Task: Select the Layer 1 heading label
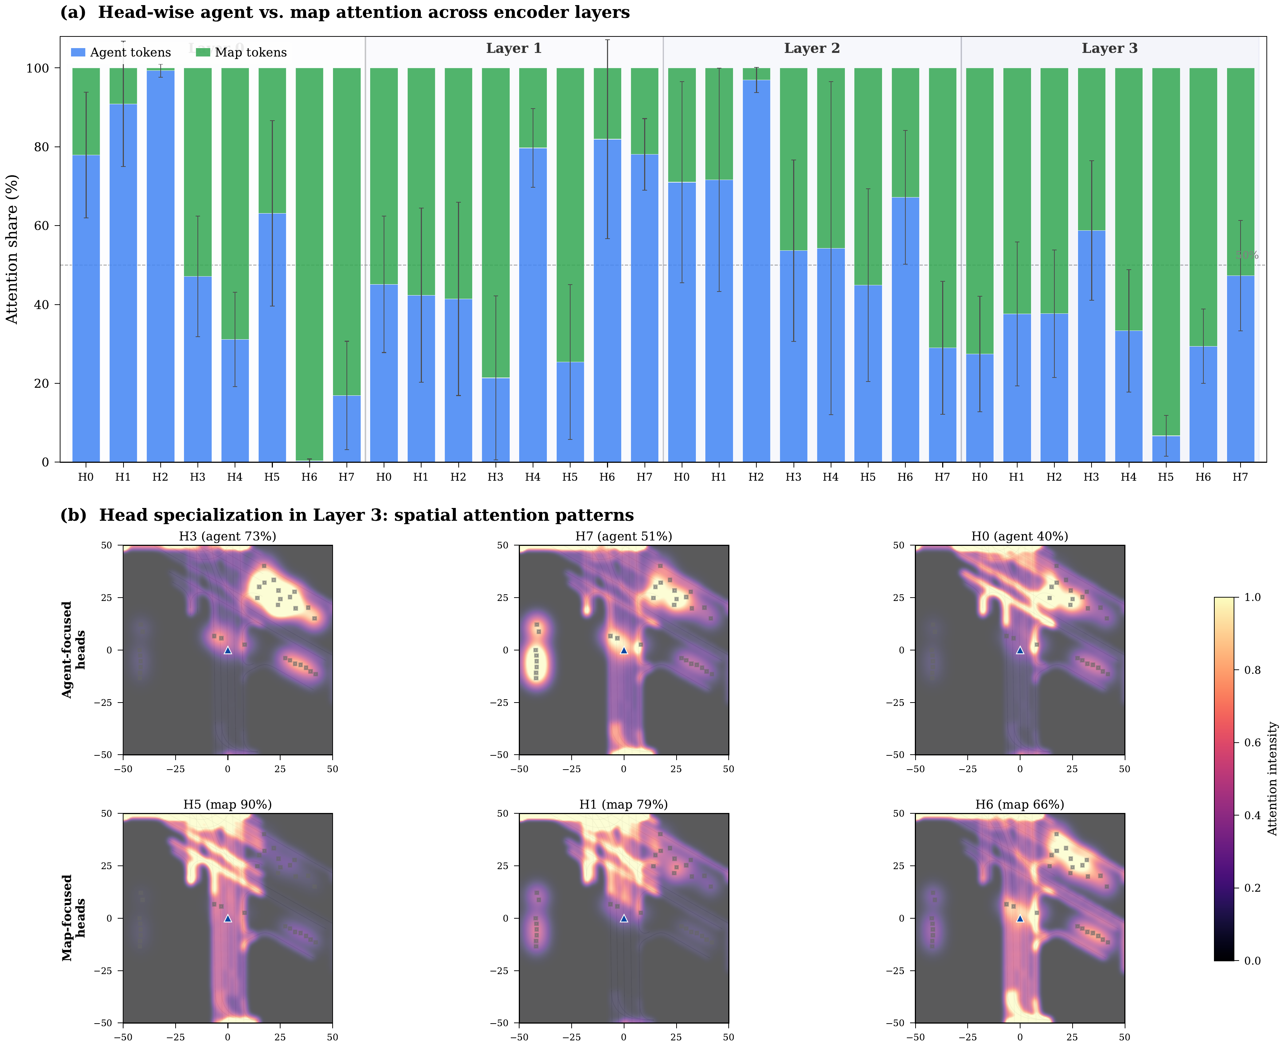click(x=514, y=48)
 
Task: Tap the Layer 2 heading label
click(x=812, y=48)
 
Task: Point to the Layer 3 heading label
click(x=1109, y=48)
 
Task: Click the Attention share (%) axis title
click(x=12, y=249)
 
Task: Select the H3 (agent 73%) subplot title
click(x=228, y=536)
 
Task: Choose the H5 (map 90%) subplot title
click(x=228, y=804)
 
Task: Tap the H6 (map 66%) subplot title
click(x=1019, y=804)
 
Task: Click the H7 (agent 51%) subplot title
click(x=623, y=536)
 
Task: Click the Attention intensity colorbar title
click(x=1272, y=779)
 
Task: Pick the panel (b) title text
click(x=347, y=515)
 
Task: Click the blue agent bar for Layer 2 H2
click(x=756, y=272)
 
